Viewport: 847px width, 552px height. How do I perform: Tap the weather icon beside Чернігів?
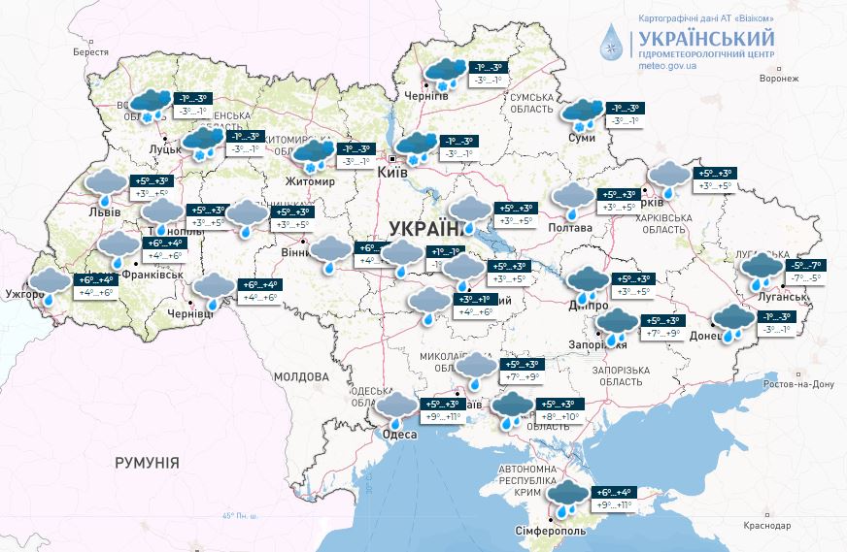[x=443, y=76]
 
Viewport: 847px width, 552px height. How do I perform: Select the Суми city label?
[x=581, y=139]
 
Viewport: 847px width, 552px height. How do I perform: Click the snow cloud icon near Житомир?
[x=313, y=155]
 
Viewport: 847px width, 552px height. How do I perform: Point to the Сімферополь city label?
[x=551, y=533]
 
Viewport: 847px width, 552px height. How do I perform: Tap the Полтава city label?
[x=569, y=228]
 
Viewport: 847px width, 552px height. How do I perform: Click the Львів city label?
[x=103, y=211]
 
